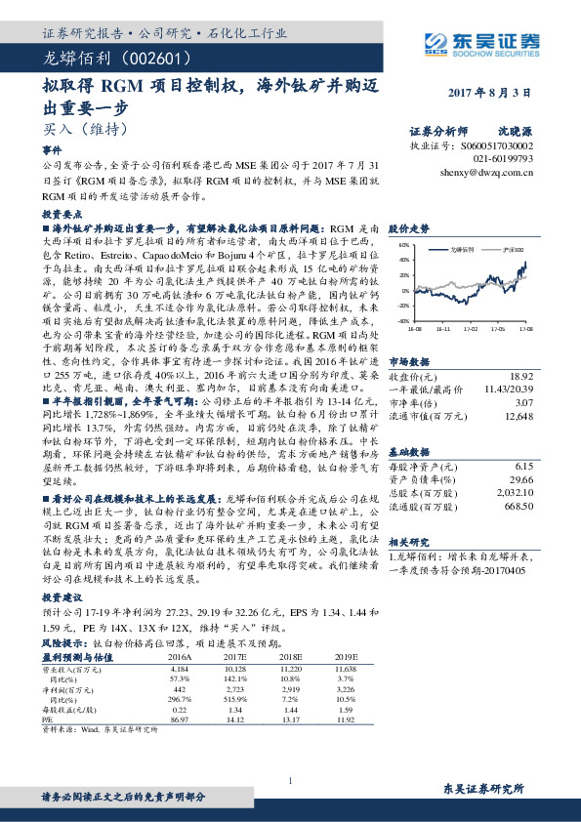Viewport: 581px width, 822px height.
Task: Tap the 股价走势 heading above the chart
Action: coord(408,228)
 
